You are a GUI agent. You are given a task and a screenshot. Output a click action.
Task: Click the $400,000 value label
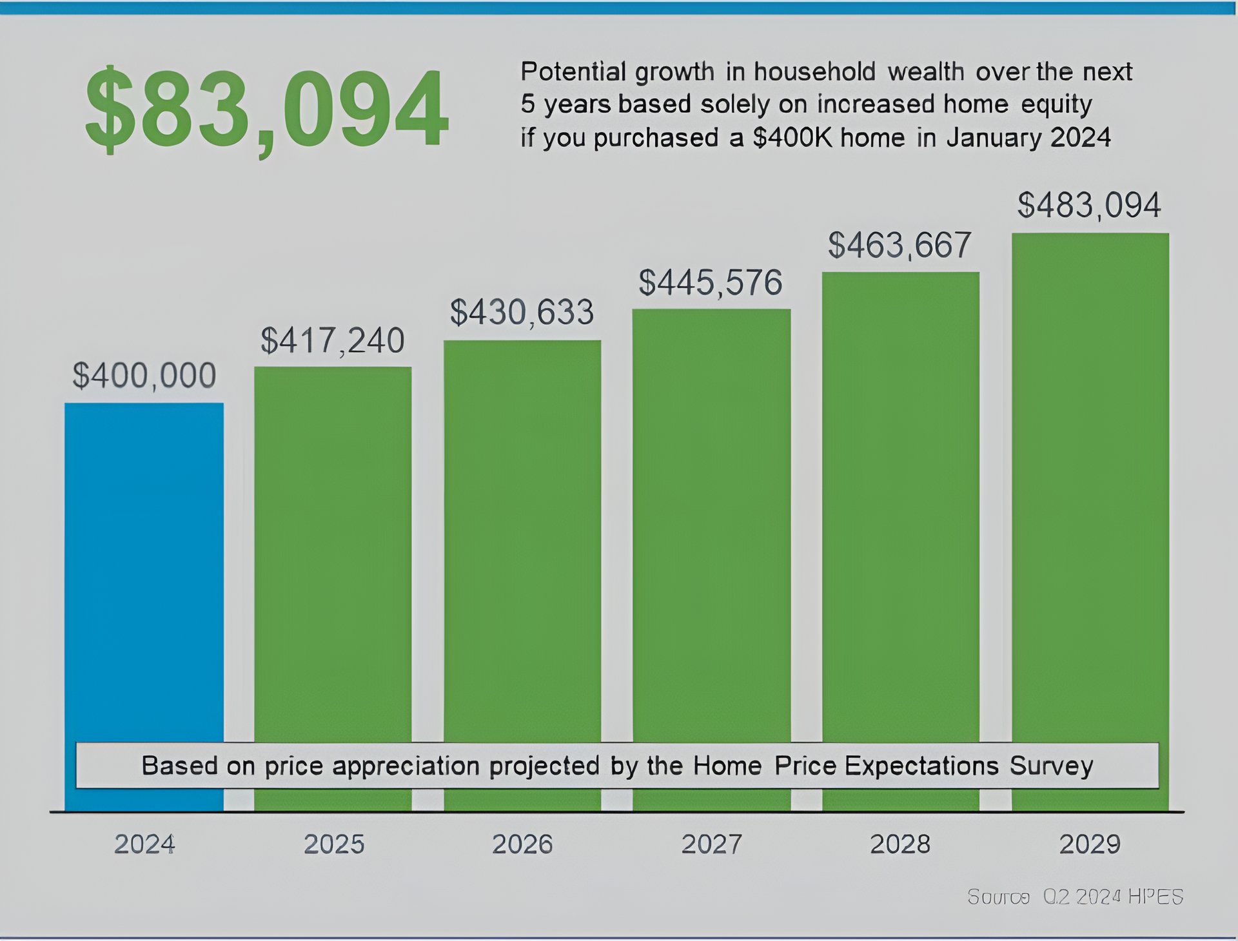(144, 375)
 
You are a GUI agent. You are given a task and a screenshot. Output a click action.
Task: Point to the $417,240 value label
(333, 340)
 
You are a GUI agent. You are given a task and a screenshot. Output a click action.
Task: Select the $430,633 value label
(522, 313)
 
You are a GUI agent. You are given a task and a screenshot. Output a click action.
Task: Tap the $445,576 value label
(711, 283)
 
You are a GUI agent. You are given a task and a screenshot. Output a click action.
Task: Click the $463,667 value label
(899, 246)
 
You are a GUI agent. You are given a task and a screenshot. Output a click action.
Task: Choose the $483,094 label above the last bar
(1089, 206)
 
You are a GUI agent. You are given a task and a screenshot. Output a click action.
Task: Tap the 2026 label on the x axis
(522, 844)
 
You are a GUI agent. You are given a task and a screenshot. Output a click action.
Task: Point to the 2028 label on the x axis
(900, 844)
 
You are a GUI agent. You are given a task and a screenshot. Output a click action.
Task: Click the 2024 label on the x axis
(144, 844)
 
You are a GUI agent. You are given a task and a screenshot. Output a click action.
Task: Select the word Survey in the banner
(1051, 766)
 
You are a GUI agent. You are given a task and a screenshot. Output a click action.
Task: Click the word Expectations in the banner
(921, 766)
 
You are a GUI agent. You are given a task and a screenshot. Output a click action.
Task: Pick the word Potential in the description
(573, 72)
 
